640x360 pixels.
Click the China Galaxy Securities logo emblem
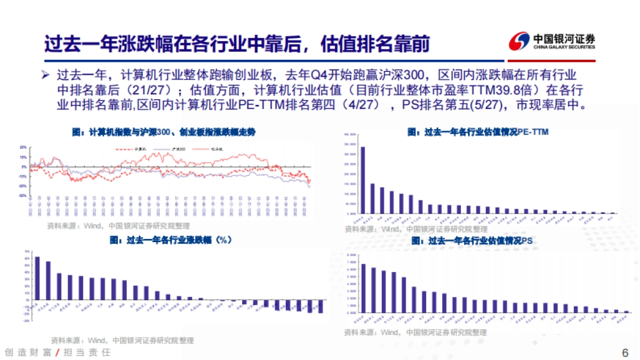(x=518, y=41)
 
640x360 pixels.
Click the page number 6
(x=625, y=353)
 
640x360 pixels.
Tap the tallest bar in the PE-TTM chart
(x=363, y=180)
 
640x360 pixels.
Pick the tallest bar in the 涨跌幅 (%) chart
(x=37, y=282)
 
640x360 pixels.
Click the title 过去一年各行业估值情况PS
(x=472, y=241)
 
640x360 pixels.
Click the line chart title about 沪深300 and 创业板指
(x=163, y=133)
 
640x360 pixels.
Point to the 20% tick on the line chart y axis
(x=23, y=147)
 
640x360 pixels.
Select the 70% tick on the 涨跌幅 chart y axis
(x=26, y=251)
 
